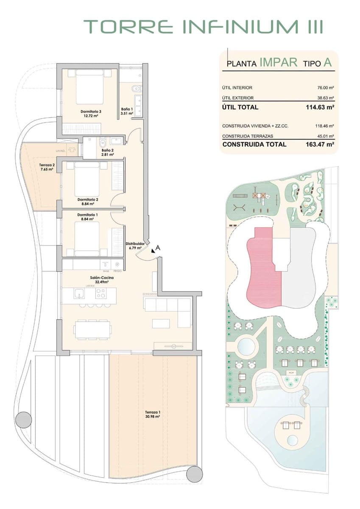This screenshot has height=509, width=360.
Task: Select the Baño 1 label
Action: pyautogui.click(x=127, y=111)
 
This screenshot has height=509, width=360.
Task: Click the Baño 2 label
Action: pyautogui.click(x=108, y=152)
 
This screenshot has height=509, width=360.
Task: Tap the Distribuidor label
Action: pyautogui.click(x=135, y=246)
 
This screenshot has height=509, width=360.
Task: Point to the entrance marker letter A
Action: pyautogui.click(x=158, y=248)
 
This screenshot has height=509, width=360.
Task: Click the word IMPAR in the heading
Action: pyautogui.click(x=278, y=63)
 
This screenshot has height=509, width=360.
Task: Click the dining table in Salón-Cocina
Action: pyautogui.click(x=93, y=329)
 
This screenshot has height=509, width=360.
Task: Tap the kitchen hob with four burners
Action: pyautogui.click(x=100, y=293)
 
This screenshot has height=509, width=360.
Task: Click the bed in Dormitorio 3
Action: pyautogui.click(x=89, y=88)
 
